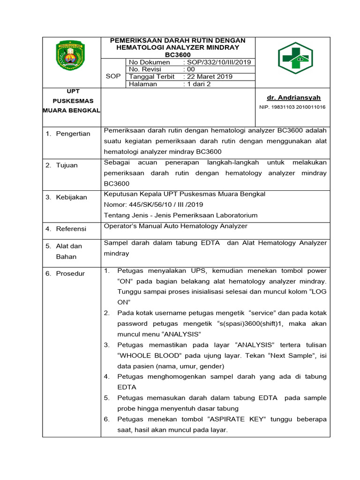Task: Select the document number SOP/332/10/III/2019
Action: coord(218,62)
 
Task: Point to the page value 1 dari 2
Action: coord(198,84)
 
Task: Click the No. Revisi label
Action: coord(145,69)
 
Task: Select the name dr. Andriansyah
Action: coord(293,97)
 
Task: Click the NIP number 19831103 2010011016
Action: coord(292,107)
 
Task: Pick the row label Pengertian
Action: coord(73,134)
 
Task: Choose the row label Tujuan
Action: coord(67,165)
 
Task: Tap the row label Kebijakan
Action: coord(71,197)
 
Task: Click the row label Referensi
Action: coord(71,229)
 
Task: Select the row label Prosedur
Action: coord(70,273)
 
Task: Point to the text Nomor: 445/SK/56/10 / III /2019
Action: coord(153,204)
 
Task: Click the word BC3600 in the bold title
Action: coord(178,55)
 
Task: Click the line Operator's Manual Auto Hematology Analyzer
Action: coord(175,226)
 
